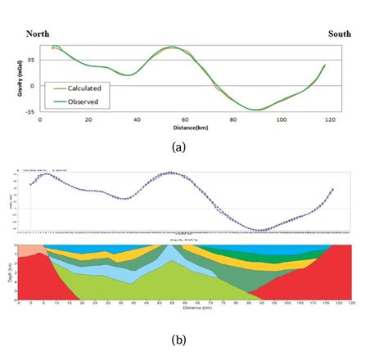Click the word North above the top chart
[x=42, y=34]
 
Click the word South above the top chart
[x=340, y=34]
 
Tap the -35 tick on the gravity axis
[x=29, y=110]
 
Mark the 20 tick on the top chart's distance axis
[x=88, y=119]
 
